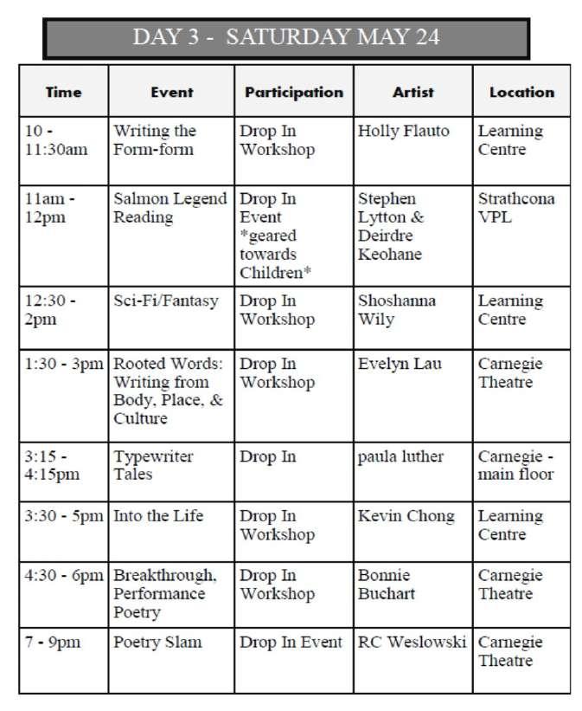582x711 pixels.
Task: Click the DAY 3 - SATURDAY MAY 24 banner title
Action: coord(286,37)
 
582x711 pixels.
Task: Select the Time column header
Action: coord(63,92)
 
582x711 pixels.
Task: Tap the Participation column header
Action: coord(294,92)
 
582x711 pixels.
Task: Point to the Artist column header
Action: coord(413,92)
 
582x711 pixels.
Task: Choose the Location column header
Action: coord(521,92)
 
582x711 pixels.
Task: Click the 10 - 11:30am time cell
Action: coord(57,140)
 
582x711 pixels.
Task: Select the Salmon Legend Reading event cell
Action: coord(169,208)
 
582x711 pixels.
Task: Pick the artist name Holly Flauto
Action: coord(403,132)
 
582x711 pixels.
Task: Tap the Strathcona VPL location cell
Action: coord(516,208)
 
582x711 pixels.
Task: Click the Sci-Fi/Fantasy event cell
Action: coord(166,301)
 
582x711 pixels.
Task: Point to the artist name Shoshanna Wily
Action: coord(397,310)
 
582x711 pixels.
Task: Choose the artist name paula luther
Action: coord(400,456)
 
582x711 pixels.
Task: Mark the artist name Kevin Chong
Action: coord(406,516)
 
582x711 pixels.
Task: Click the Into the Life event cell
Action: coord(158,516)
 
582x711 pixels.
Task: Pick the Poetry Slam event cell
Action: coord(157,643)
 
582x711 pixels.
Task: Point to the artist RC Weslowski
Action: coord(412,643)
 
